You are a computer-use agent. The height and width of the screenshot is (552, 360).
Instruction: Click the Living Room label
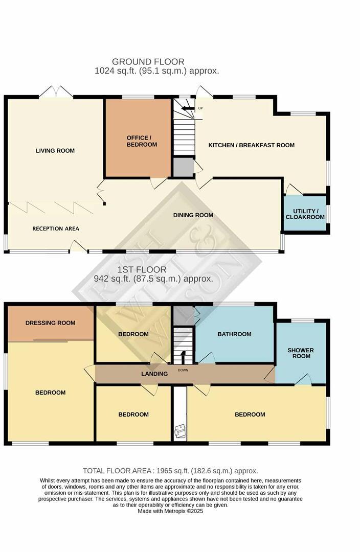[55, 150]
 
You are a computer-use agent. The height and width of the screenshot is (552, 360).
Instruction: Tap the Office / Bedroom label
[139, 141]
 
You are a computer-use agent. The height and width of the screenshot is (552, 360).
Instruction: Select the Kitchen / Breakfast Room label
[251, 145]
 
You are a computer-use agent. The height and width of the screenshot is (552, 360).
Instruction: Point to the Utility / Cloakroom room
[305, 214]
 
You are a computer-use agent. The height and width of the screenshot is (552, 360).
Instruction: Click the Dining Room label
[193, 215]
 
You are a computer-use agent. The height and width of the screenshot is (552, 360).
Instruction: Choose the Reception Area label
[56, 228]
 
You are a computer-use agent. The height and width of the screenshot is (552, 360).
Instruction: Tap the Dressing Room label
[50, 323]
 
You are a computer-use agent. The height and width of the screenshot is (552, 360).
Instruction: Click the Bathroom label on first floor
[234, 334]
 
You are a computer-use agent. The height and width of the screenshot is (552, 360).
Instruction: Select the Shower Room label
[301, 353]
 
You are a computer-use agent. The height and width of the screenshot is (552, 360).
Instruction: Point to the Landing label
[154, 374]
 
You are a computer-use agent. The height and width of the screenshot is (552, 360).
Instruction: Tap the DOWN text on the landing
[183, 370]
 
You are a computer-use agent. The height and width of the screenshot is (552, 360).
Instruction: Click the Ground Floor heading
[148, 62]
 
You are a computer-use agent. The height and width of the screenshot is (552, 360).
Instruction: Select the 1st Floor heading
[142, 269]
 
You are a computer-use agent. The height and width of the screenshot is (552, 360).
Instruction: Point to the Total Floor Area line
[170, 471]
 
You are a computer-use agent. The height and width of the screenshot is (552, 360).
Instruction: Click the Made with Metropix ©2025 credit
[170, 511]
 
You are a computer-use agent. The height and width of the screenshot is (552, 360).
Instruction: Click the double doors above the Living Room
[56, 92]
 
